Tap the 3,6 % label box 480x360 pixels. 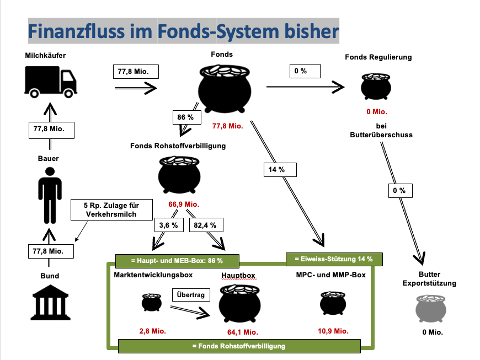click(x=168, y=225)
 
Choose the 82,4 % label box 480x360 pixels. click(x=205, y=225)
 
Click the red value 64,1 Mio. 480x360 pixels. click(x=242, y=332)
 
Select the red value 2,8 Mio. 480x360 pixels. click(x=152, y=331)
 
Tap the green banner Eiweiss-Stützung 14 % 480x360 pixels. click(x=333, y=259)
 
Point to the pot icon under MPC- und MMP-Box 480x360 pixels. click(x=333, y=303)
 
